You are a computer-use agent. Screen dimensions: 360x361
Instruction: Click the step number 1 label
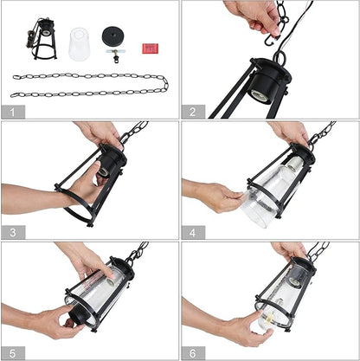[x=13, y=112]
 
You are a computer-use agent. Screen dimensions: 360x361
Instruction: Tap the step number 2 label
[x=193, y=112]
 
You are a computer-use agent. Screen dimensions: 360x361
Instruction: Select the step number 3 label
[x=13, y=232]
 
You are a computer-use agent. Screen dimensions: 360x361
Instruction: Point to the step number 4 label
[x=193, y=232]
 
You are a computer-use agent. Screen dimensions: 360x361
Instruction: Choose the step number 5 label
[x=13, y=353]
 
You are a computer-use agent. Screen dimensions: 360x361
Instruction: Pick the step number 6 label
[x=193, y=353]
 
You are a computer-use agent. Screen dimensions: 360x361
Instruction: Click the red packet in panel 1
[x=150, y=48]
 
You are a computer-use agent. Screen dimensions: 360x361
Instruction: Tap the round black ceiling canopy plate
[x=112, y=35]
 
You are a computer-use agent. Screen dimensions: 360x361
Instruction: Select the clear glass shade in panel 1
[x=79, y=44]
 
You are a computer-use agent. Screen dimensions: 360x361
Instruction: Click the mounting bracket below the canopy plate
[x=116, y=54]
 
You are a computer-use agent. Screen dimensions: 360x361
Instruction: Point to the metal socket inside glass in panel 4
[x=295, y=164]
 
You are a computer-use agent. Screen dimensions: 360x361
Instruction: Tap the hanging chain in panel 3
[x=134, y=132]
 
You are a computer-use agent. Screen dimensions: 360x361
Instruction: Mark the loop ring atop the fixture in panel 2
[x=280, y=57]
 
